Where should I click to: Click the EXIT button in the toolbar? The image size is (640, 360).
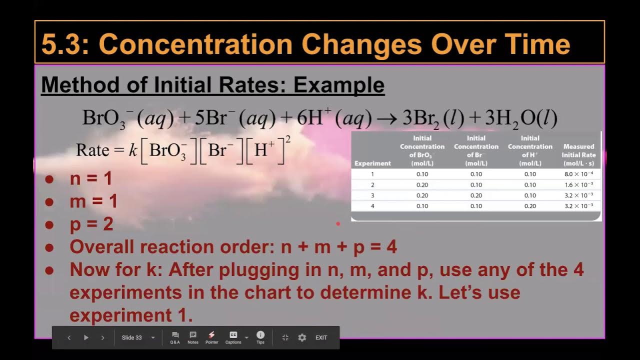[321, 337]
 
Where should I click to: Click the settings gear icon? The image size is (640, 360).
[302, 337]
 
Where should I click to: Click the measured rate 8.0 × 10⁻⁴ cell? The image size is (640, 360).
[578, 174]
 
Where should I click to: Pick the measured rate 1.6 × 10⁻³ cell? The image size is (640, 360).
[578, 185]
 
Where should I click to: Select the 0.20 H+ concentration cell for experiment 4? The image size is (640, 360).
[530, 206]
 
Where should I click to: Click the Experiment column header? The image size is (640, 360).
[372, 163]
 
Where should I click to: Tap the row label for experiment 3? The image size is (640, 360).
[372, 195]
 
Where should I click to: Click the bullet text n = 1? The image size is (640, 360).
[91, 178]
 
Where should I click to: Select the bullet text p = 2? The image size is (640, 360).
[91, 224]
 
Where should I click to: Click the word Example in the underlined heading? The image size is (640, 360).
[339, 85]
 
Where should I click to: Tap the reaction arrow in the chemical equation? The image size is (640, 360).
[387, 119]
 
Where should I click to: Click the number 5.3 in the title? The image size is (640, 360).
[58, 44]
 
